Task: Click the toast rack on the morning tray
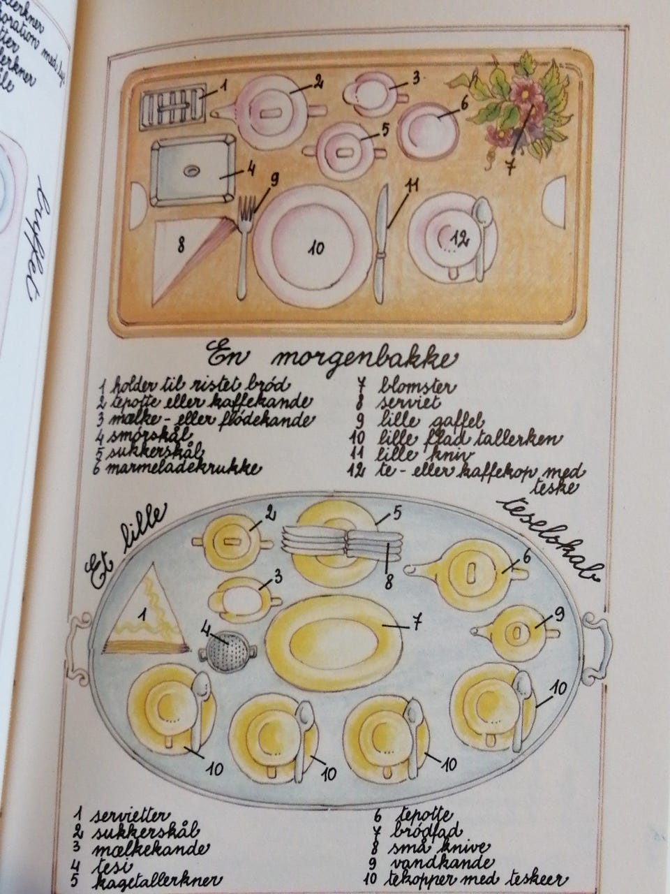pos(173,109)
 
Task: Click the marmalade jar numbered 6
pos(429,129)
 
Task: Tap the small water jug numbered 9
pos(516,631)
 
